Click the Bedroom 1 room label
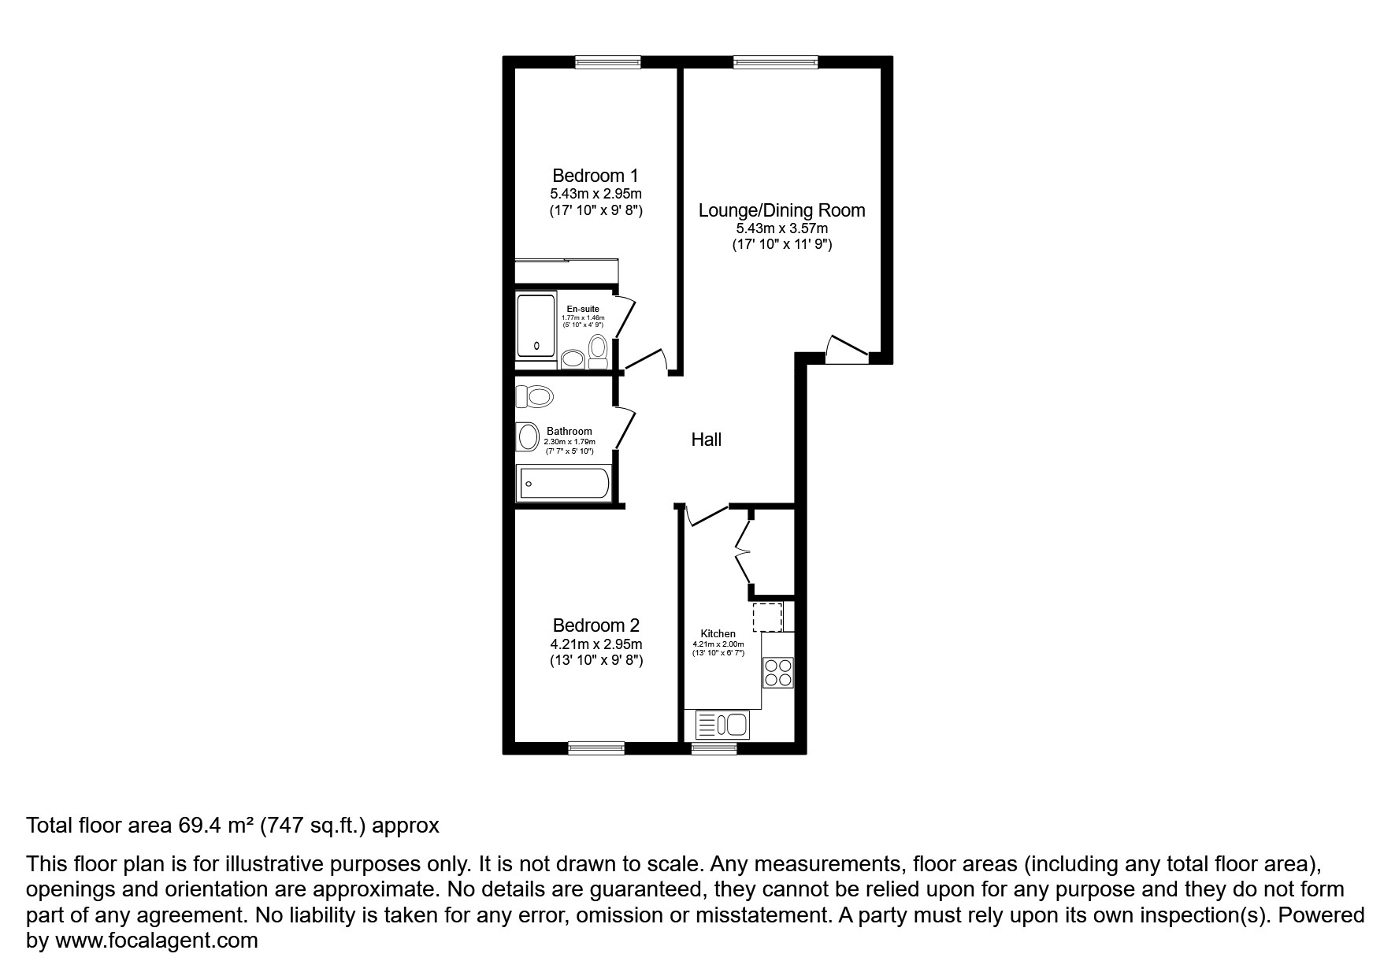(x=595, y=176)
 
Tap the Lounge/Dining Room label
(x=781, y=210)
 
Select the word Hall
(x=706, y=440)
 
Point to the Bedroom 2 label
(x=595, y=625)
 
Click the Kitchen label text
(x=718, y=633)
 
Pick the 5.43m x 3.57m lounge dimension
(x=781, y=228)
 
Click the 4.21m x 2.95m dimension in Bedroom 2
(x=595, y=644)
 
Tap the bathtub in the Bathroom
(x=563, y=483)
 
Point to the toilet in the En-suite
(x=598, y=351)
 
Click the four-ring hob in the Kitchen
(x=778, y=673)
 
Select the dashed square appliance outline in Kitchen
(x=767, y=617)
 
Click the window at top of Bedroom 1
(x=607, y=61)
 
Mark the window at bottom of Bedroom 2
(x=596, y=748)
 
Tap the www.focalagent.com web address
(x=156, y=941)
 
